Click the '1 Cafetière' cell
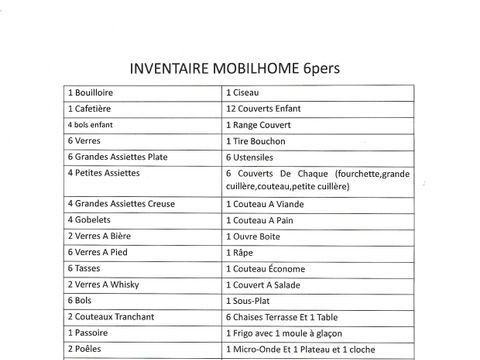(x=94, y=108)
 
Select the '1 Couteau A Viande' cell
(x=268, y=204)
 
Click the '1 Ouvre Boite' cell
(x=259, y=236)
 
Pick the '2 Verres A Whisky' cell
(x=104, y=285)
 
